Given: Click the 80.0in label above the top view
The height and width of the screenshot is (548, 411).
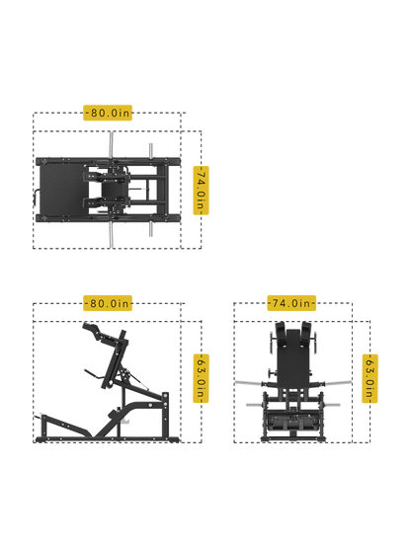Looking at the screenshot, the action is point(108,113).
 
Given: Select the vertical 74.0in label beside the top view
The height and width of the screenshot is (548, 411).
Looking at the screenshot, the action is point(201,191).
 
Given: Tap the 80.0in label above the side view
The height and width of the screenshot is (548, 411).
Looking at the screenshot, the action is point(108,303).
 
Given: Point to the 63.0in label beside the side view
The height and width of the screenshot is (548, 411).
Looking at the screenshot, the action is point(201,378).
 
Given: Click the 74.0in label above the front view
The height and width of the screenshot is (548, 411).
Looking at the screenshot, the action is point(291,303).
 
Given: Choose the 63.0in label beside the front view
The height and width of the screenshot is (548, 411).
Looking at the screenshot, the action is point(370,378).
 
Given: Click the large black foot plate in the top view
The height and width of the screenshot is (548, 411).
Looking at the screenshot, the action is point(63,190).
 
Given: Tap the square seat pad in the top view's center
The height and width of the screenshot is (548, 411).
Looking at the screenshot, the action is point(112,191).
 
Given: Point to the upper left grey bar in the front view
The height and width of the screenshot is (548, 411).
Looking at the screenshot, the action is point(249,383).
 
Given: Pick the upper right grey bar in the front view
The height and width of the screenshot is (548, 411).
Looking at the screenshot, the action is point(337,383).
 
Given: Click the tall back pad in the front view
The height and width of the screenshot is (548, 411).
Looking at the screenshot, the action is point(293,358).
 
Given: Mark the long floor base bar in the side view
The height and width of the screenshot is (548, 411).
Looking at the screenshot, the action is point(108,439).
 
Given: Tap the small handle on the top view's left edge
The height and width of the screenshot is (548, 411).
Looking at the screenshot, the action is point(35,196).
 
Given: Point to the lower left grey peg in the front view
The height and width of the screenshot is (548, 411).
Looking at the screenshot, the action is point(255,405).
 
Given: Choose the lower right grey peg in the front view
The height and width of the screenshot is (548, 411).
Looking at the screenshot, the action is point(331,405).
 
